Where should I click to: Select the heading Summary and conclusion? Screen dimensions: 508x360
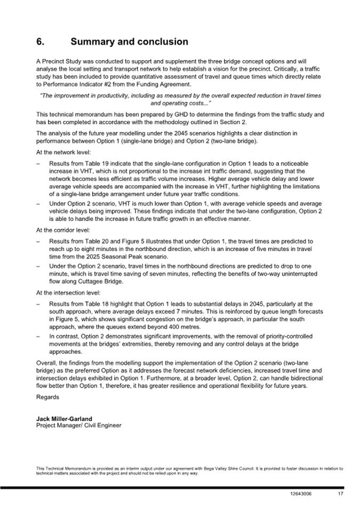(x=129, y=42)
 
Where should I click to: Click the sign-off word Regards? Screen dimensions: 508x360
(x=48, y=397)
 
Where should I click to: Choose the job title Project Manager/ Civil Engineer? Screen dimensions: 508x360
(x=78, y=425)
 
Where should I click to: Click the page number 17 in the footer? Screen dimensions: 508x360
(x=340, y=494)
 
